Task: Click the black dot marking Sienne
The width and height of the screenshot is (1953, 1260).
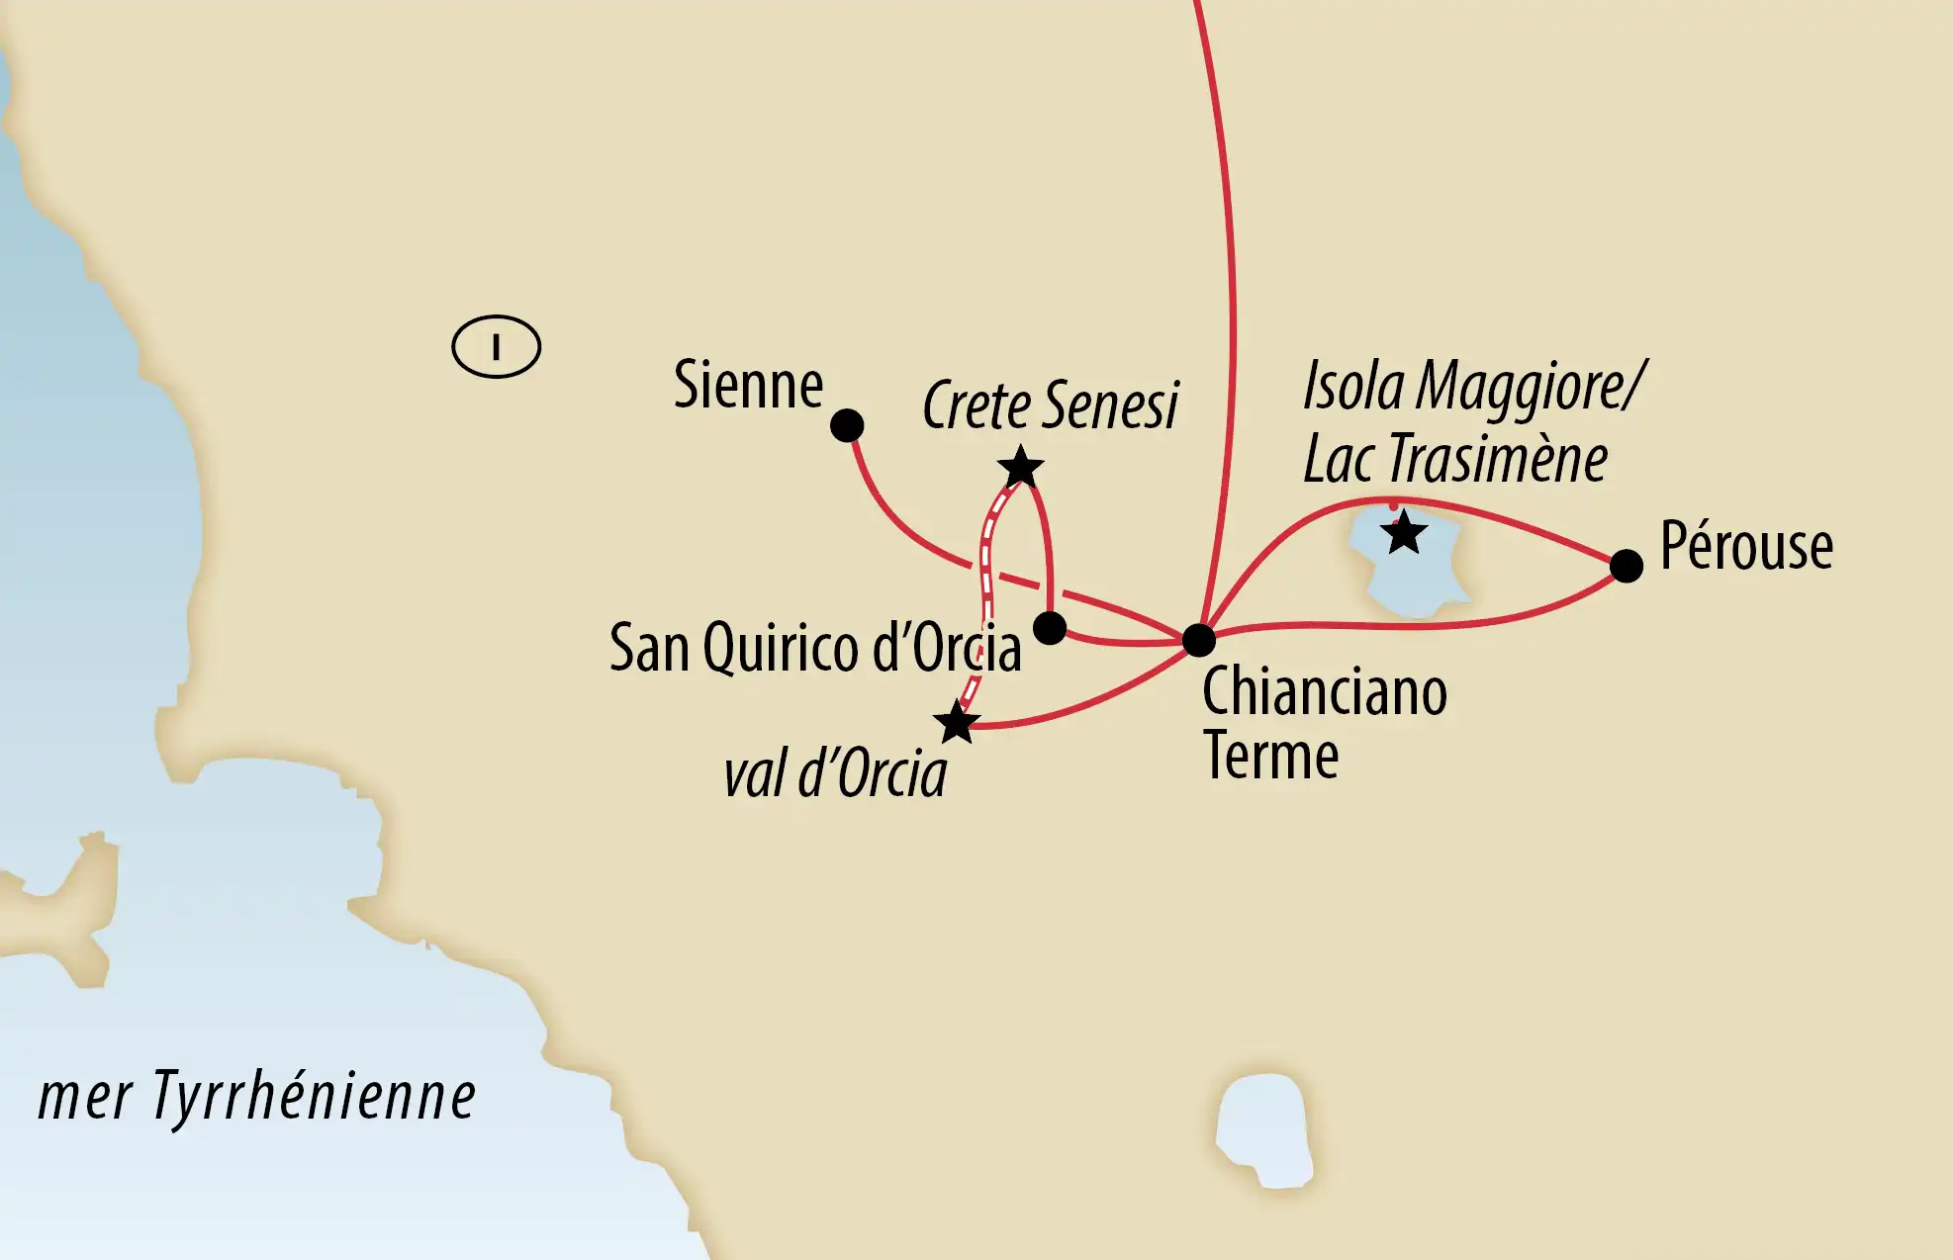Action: tap(847, 425)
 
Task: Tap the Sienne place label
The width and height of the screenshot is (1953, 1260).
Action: tap(748, 385)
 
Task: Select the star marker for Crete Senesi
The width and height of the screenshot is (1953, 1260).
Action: tap(1020, 468)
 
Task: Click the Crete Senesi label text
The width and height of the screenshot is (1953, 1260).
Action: tap(1050, 405)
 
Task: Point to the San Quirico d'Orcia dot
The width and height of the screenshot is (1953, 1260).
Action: tap(1050, 627)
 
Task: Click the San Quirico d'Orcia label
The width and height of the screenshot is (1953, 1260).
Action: tap(814, 649)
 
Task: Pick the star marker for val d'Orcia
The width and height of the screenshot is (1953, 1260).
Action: tap(957, 723)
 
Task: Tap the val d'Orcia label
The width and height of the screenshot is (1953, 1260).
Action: tap(835, 774)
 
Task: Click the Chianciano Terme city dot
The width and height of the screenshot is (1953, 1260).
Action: tap(1198, 640)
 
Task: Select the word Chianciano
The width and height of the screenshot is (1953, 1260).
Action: tap(1324, 691)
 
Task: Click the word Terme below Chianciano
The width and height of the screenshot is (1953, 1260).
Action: tap(1270, 757)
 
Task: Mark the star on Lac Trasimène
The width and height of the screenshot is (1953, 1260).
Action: tap(1403, 534)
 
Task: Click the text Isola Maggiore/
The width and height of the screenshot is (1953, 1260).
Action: tap(1474, 386)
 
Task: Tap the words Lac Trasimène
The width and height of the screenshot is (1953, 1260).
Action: tap(1454, 460)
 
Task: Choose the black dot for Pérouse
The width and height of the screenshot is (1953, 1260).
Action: tap(1627, 566)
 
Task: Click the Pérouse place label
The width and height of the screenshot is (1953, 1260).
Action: tap(1746, 546)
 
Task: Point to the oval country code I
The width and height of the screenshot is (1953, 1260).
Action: tap(496, 347)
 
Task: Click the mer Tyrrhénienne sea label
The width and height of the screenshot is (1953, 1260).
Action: tap(257, 1097)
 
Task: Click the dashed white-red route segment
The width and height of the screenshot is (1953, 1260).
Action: tap(986, 584)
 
